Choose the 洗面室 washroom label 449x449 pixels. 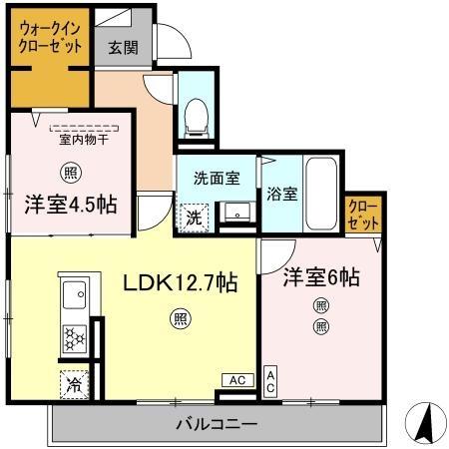point(217,179)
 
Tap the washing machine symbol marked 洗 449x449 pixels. point(193,214)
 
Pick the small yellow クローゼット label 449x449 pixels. point(360,217)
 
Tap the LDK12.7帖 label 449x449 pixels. point(180,283)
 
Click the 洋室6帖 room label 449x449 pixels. point(319,278)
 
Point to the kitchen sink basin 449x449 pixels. point(76,296)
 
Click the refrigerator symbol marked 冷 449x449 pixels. point(75,382)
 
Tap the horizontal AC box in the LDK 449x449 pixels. point(236,380)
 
